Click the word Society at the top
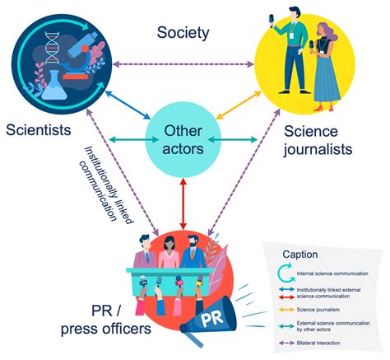[183, 33]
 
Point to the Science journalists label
[318, 141]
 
